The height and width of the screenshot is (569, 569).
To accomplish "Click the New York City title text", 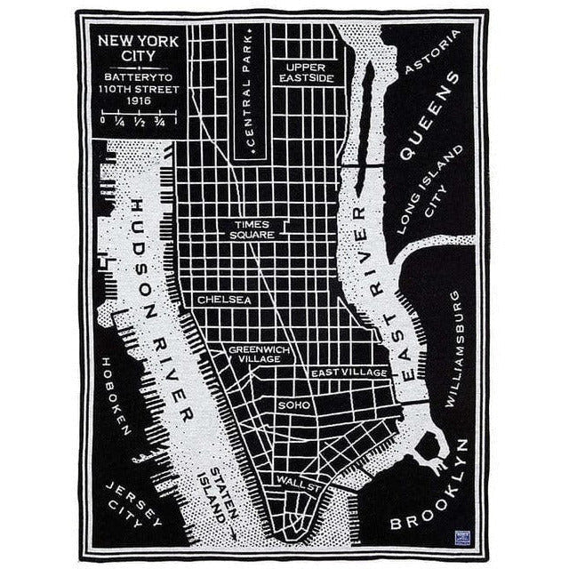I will click(x=138, y=48).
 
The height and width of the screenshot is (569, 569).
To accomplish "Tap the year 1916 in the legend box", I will click(x=138, y=100).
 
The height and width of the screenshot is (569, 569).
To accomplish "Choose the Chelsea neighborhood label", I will click(x=224, y=300).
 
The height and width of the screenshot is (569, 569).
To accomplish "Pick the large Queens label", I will click(x=430, y=116).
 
